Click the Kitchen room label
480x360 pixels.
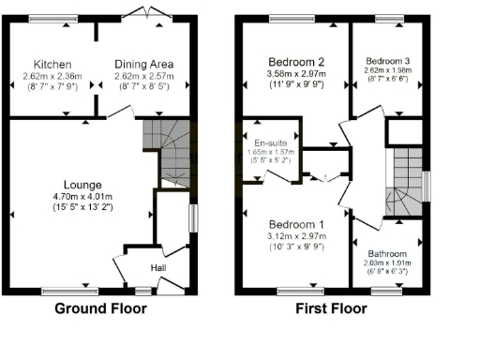tap(53, 64)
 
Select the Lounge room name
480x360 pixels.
tap(82, 185)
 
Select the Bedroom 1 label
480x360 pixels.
tap(297, 225)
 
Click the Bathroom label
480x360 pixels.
tap(386, 253)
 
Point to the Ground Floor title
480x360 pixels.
tap(101, 308)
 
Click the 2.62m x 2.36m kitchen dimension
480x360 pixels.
tap(53, 76)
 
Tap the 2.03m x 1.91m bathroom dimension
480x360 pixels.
tap(386, 263)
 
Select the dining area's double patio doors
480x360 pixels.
tap(148, 14)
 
